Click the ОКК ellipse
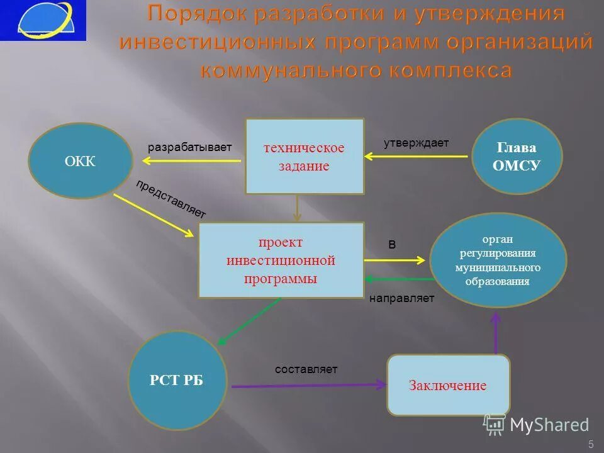point(81,161)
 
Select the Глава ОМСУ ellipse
point(517,156)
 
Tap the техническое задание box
point(305,156)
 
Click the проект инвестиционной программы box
point(281,260)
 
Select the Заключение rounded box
point(448,385)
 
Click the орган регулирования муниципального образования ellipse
point(498,260)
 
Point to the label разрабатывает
point(190,147)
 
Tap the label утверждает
point(416,143)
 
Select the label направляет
point(401,298)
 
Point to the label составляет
point(306,369)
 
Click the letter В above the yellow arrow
point(392,245)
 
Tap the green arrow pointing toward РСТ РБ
point(249,321)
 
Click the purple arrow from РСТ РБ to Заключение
point(308,384)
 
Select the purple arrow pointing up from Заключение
point(496,333)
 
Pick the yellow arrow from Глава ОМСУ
point(418,157)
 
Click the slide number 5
point(591,445)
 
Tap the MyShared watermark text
point(549,425)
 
